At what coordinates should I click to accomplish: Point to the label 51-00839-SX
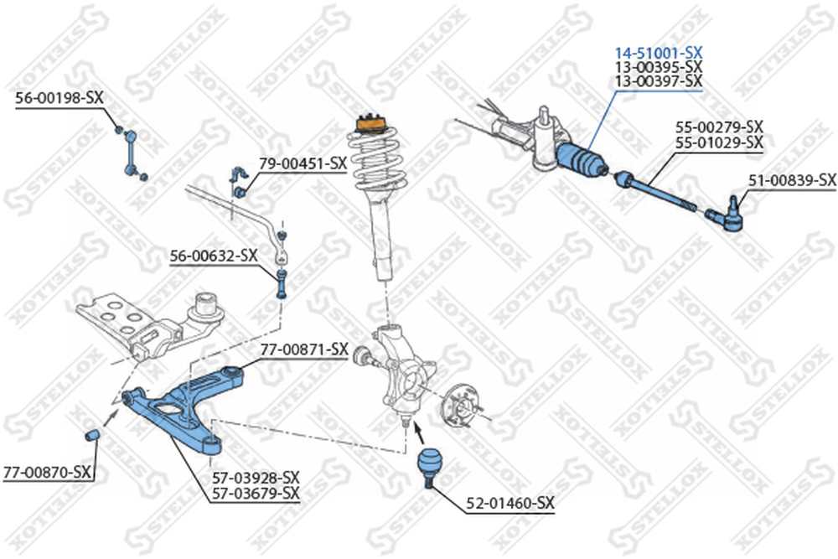[793, 179]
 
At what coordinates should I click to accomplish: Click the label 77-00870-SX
[46, 473]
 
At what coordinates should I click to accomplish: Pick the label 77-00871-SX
[303, 348]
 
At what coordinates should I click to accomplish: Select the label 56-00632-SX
[214, 256]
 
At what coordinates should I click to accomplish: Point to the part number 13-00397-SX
[657, 80]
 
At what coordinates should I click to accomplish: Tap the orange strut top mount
[369, 123]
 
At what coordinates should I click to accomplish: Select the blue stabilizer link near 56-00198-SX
[131, 153]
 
